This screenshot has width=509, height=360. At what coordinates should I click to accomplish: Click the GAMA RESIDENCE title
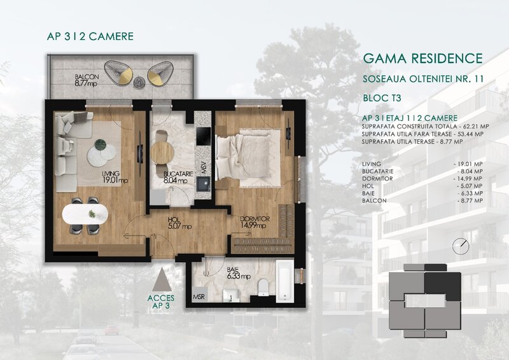422,59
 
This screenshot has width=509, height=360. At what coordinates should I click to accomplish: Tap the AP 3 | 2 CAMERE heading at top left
90,36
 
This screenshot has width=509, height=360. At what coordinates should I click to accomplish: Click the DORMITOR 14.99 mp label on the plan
256,222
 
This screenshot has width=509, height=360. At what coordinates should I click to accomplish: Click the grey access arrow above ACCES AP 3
164,279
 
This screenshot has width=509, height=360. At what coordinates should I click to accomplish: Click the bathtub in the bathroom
284,282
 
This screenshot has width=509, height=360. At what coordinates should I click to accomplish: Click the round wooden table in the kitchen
163,150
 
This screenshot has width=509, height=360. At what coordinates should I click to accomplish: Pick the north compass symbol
457,246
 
